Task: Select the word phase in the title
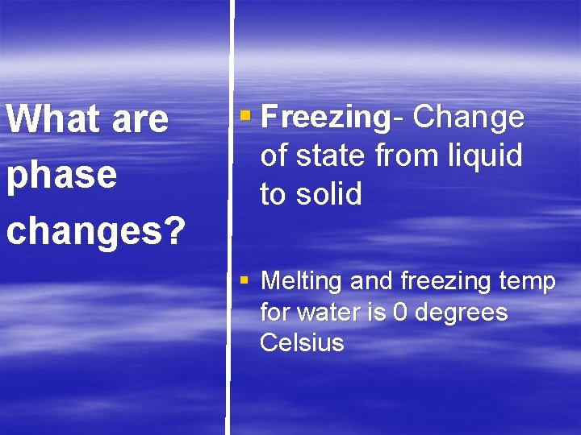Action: click(x=62, y=175)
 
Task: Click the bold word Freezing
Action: click(x=326, y=118)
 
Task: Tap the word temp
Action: click(x=527, y=283)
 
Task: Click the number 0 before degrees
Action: click(x=399, y=312)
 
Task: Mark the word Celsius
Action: click(x=302, y=342)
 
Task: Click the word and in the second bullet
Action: click(x=372, y=282)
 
